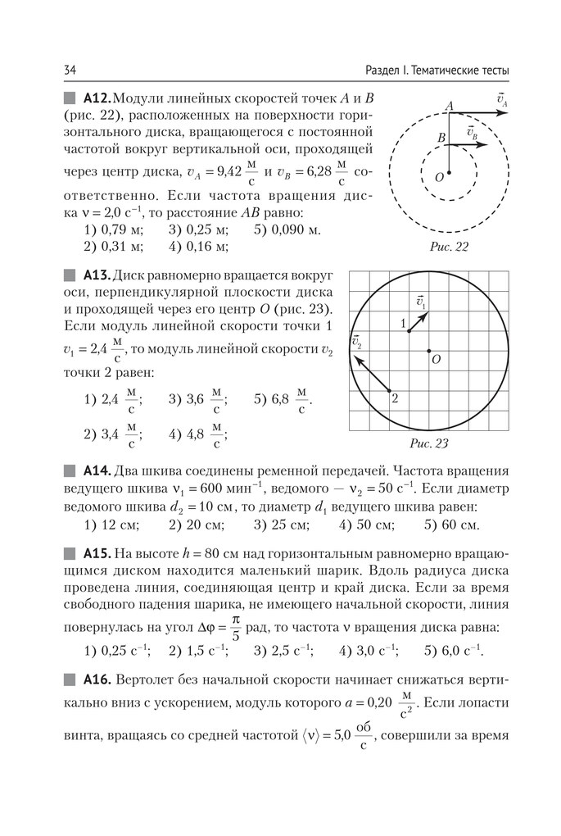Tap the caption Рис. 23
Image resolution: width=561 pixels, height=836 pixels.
[429, 444]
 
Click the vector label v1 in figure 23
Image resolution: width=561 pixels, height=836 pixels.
[421, 302]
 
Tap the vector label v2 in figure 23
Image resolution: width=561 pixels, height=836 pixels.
[357, 340]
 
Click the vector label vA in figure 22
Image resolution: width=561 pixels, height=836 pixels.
[502, 101]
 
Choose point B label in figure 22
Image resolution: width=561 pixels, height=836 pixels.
[441, 139]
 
